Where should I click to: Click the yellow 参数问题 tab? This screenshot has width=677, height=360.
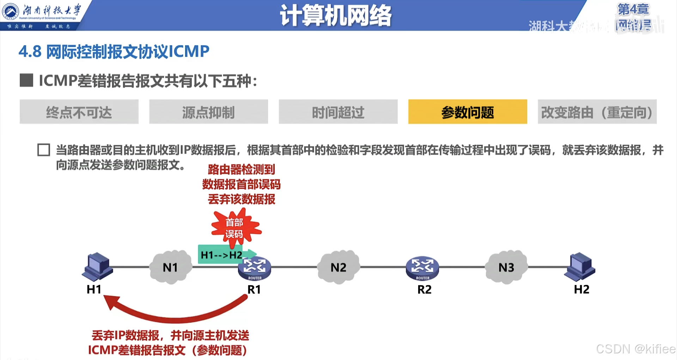468,112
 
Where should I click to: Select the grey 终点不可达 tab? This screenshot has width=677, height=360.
79,112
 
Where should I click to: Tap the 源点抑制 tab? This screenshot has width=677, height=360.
208,112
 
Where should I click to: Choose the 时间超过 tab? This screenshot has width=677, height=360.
338,112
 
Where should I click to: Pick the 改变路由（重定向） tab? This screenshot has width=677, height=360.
597,112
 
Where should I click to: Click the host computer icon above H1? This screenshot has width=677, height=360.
98,267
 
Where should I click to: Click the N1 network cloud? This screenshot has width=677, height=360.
171,267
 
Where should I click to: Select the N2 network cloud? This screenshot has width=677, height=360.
338,267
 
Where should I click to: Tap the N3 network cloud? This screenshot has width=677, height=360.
506,267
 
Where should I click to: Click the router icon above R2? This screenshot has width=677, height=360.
422,268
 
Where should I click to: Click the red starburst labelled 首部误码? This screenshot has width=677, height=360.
235,228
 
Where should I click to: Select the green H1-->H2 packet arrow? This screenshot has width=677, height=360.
226,254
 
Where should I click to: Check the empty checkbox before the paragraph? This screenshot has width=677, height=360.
44,150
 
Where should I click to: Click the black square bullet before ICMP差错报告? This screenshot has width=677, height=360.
26,80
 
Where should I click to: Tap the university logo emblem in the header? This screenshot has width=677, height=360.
11,12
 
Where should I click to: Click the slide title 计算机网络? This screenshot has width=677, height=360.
336,16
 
